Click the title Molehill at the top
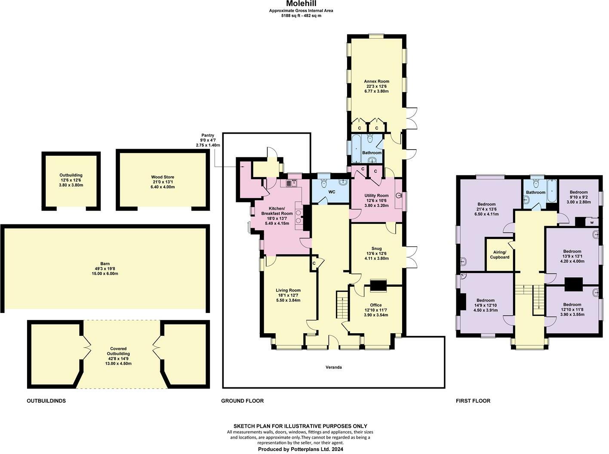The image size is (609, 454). [301, 4]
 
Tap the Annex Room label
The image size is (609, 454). [376, 81]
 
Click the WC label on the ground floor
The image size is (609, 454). [332, 192]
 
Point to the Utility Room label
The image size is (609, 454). [376, 196]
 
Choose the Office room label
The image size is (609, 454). [376, 305]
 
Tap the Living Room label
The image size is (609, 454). [288, 290]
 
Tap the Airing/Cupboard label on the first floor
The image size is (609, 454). [499, 255]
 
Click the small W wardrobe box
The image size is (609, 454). [592, 223]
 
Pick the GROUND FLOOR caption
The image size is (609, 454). [242, 401]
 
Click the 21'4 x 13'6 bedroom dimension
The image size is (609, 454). [486, 209]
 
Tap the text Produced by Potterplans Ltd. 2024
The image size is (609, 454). [300, 449]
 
